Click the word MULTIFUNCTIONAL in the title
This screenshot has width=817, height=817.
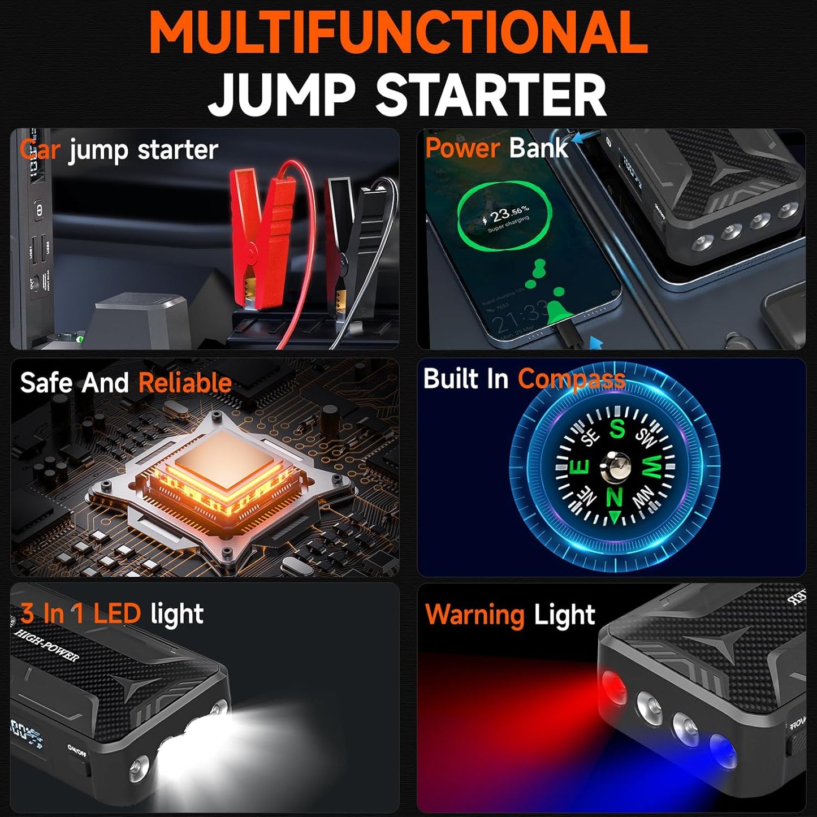click(398, 33)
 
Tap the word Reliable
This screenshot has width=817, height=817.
click(185, 383)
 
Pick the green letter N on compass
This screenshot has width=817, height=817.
click(615, 498)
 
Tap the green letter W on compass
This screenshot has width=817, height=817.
click(651, 467)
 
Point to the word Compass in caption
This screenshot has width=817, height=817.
click(571, 379)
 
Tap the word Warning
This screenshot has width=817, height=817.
click(474, 615)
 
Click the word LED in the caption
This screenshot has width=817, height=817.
click(117, 613)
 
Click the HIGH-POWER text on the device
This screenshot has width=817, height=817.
click(46, 645)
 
